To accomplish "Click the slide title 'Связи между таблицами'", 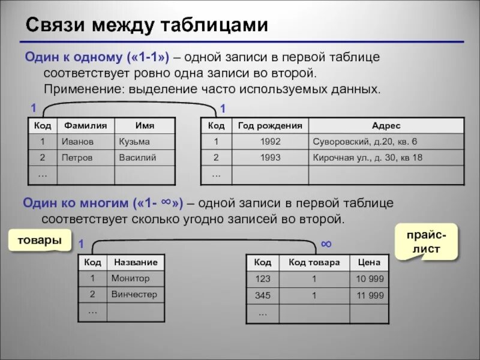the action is (x=146, y=25).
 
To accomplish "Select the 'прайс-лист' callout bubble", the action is (x=427, y=241).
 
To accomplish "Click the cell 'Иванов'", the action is (x=76, y=142).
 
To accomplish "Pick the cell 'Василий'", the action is (x=137, y=158).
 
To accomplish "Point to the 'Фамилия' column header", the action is (x=85, y=125).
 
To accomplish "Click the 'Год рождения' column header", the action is (x=270, y=125).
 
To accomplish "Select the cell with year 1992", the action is (x=270, y=142).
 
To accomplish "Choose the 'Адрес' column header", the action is (x=386, y=125).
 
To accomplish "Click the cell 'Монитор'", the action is (x=130, y=278).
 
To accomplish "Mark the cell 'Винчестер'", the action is (x=134, y=295).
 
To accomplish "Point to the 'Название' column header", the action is (x=136, y=262).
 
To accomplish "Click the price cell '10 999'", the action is (x=370, y=278).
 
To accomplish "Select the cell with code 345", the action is (x=263, y=295).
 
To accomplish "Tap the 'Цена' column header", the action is (x=370, y=262).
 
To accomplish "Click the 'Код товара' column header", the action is (x=314, y=262).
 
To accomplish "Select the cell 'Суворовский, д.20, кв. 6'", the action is (x=365, y=142).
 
